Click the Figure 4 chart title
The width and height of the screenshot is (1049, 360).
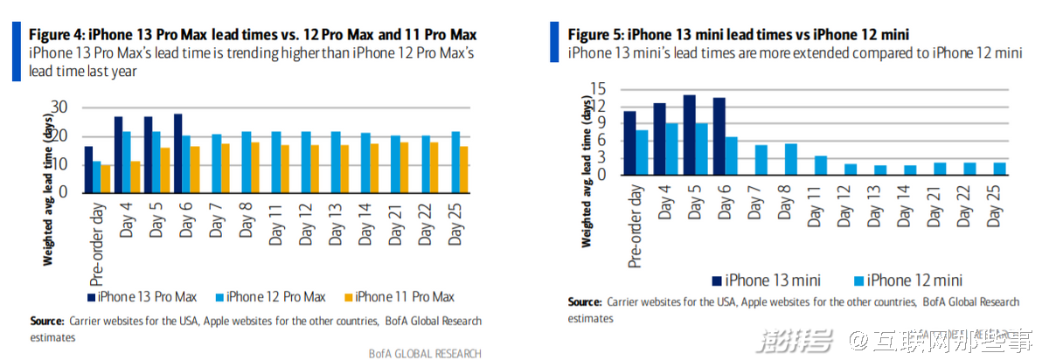254,34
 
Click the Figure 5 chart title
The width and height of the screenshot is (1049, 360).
739,34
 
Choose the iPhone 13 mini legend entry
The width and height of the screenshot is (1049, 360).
768,280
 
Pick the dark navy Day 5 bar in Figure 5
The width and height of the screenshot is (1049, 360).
689,135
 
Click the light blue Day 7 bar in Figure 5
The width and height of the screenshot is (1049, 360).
761,160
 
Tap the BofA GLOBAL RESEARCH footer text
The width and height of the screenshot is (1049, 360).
424,352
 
